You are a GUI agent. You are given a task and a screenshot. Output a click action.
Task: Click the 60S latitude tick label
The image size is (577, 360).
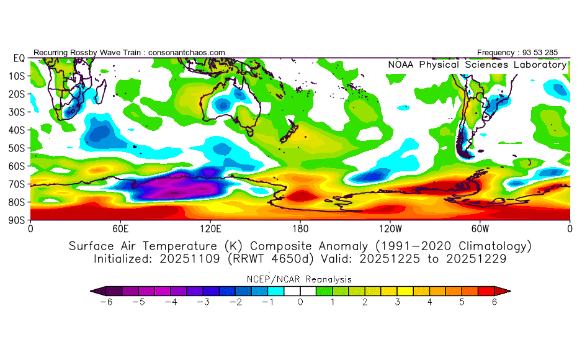[x=17, y=166]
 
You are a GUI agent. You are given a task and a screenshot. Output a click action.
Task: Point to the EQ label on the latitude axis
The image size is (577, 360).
[x=19, y=58]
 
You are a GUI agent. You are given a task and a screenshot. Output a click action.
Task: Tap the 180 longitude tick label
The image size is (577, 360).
[x=300, y=228]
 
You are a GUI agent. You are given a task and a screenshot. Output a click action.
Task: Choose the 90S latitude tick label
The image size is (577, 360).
[x=17, y=220]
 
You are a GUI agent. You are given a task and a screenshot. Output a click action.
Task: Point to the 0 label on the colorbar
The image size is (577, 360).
[x=300, y=302]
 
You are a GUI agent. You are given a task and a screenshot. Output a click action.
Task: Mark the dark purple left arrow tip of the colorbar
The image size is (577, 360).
[x=94, y=290]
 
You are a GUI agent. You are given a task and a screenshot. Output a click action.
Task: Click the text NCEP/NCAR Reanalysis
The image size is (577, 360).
[x=300, y=279]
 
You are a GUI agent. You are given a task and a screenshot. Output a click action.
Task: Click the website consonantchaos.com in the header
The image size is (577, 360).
[x=186, y=53]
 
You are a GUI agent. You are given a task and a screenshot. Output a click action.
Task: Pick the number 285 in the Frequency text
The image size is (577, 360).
[x=558, y=53]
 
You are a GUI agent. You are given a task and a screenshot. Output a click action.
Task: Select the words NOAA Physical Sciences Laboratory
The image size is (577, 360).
[x=477, y=65]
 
